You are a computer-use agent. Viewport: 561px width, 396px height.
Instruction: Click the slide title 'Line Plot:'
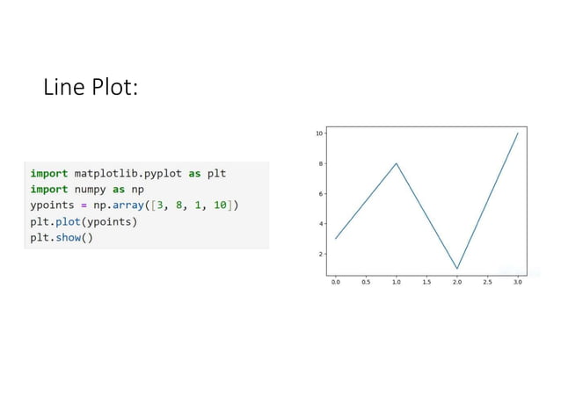pos(91,88)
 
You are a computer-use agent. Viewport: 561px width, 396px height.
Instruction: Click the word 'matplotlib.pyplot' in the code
pos(127,173)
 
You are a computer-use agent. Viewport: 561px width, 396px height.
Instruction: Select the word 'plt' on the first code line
pos(216,173)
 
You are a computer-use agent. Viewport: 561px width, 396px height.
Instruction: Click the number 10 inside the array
pos(222,205)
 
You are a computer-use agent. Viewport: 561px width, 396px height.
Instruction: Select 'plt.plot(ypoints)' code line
pos(84,221)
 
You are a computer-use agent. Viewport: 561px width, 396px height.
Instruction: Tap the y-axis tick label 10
pos(318,133)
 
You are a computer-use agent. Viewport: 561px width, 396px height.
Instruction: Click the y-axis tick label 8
pos(320,163)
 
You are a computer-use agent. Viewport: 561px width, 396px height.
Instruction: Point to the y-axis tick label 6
pos(320,194)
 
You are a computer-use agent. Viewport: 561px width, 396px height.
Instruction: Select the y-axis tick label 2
pos(320,254)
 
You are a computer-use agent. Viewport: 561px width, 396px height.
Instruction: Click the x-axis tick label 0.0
pos(336,283)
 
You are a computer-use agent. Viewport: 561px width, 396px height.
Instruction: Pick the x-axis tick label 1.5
pos(426,283)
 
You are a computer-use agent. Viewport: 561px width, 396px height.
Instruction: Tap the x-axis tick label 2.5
pos(487,283)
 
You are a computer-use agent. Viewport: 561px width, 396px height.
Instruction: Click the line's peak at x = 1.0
pos(397,163)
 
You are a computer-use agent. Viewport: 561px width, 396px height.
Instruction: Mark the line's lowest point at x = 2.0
pos(457,268)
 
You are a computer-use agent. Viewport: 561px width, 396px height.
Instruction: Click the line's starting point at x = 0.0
pos(336,239)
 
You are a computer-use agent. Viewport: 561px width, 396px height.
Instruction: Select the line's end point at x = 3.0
pos(517,133)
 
